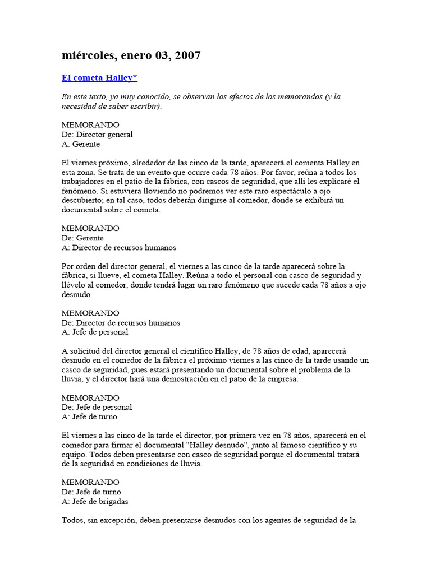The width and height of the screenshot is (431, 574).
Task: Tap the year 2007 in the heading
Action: [x=188, y=55]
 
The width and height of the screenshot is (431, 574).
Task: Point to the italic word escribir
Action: [x=145, y=106]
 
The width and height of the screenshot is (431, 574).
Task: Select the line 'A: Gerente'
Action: [x=81, y=144]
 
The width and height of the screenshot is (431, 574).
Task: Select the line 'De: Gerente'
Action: [x=82, y=238]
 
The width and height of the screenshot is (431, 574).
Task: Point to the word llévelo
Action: [x=75, y=285]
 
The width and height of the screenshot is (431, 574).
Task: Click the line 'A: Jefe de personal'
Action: [x=95, y=332]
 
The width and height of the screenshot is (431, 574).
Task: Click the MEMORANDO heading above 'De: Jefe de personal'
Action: [x=90, y=397]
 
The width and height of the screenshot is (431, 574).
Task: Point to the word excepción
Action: [x=117, y=520]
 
